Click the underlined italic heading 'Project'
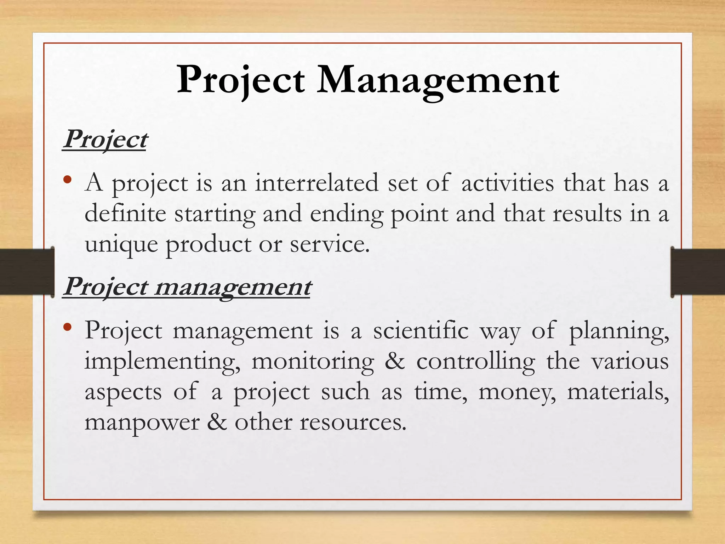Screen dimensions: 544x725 point(105,140)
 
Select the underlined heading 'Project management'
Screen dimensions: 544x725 point(187,287)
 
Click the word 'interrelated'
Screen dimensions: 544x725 point(317,183)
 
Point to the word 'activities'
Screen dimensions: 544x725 point(508,183)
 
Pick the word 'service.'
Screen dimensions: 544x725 point(330,244)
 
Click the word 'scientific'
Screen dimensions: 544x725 point(421,330)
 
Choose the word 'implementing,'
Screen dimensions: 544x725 point(162,362)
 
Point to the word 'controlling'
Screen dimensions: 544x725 point(475,362)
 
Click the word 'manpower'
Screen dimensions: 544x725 point(142,423)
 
